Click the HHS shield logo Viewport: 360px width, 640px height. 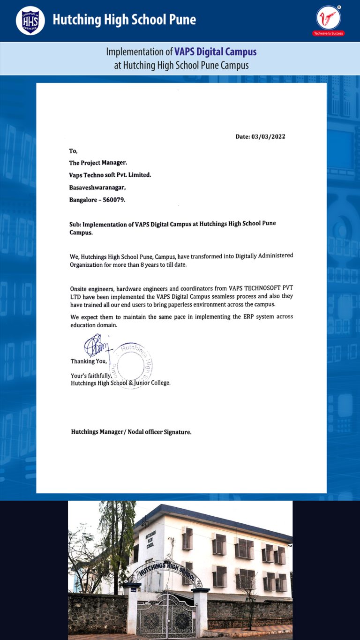(x=30, y=21)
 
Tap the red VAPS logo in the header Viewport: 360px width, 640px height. (x=329, y=18)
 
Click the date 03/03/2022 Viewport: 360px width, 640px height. (x=268, y=137)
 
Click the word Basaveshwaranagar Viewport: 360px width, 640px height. (x=97, y=187)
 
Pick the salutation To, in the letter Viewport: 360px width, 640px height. (x=73, y=151)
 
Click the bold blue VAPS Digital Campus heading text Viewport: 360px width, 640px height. (x=215, y=52)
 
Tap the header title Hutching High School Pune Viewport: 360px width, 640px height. (x=124, y=20)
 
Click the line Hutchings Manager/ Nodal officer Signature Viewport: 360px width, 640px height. (x=131, y=432)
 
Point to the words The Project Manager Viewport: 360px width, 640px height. (x=98, y=163)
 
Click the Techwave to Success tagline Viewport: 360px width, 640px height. (x=328, y=34)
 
